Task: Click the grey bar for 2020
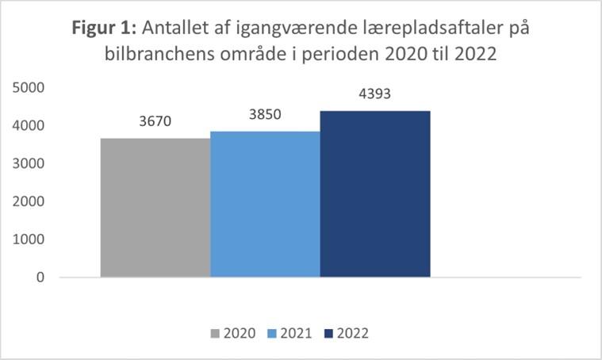point(155,208)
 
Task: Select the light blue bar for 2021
point(265,204)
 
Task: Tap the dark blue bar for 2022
point(374,193)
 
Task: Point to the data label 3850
point(265,114)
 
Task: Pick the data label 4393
point(374,94)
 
